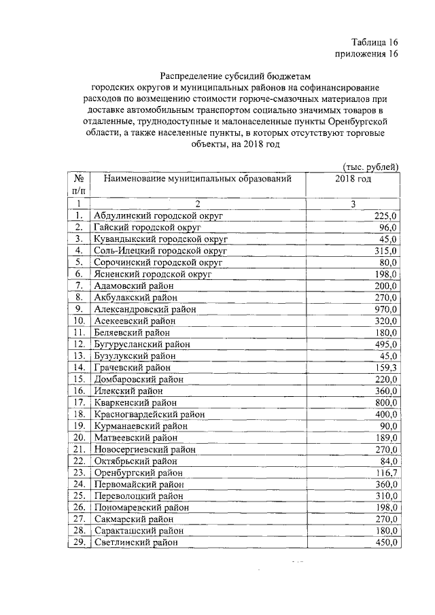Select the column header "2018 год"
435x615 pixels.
coord(353,178)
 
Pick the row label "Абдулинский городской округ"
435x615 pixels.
coord(159,215)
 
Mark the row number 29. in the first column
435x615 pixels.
coord(79,542)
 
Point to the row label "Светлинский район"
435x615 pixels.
coord(137,542)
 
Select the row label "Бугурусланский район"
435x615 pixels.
coord(142,344)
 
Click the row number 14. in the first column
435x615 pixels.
coord(79,367)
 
